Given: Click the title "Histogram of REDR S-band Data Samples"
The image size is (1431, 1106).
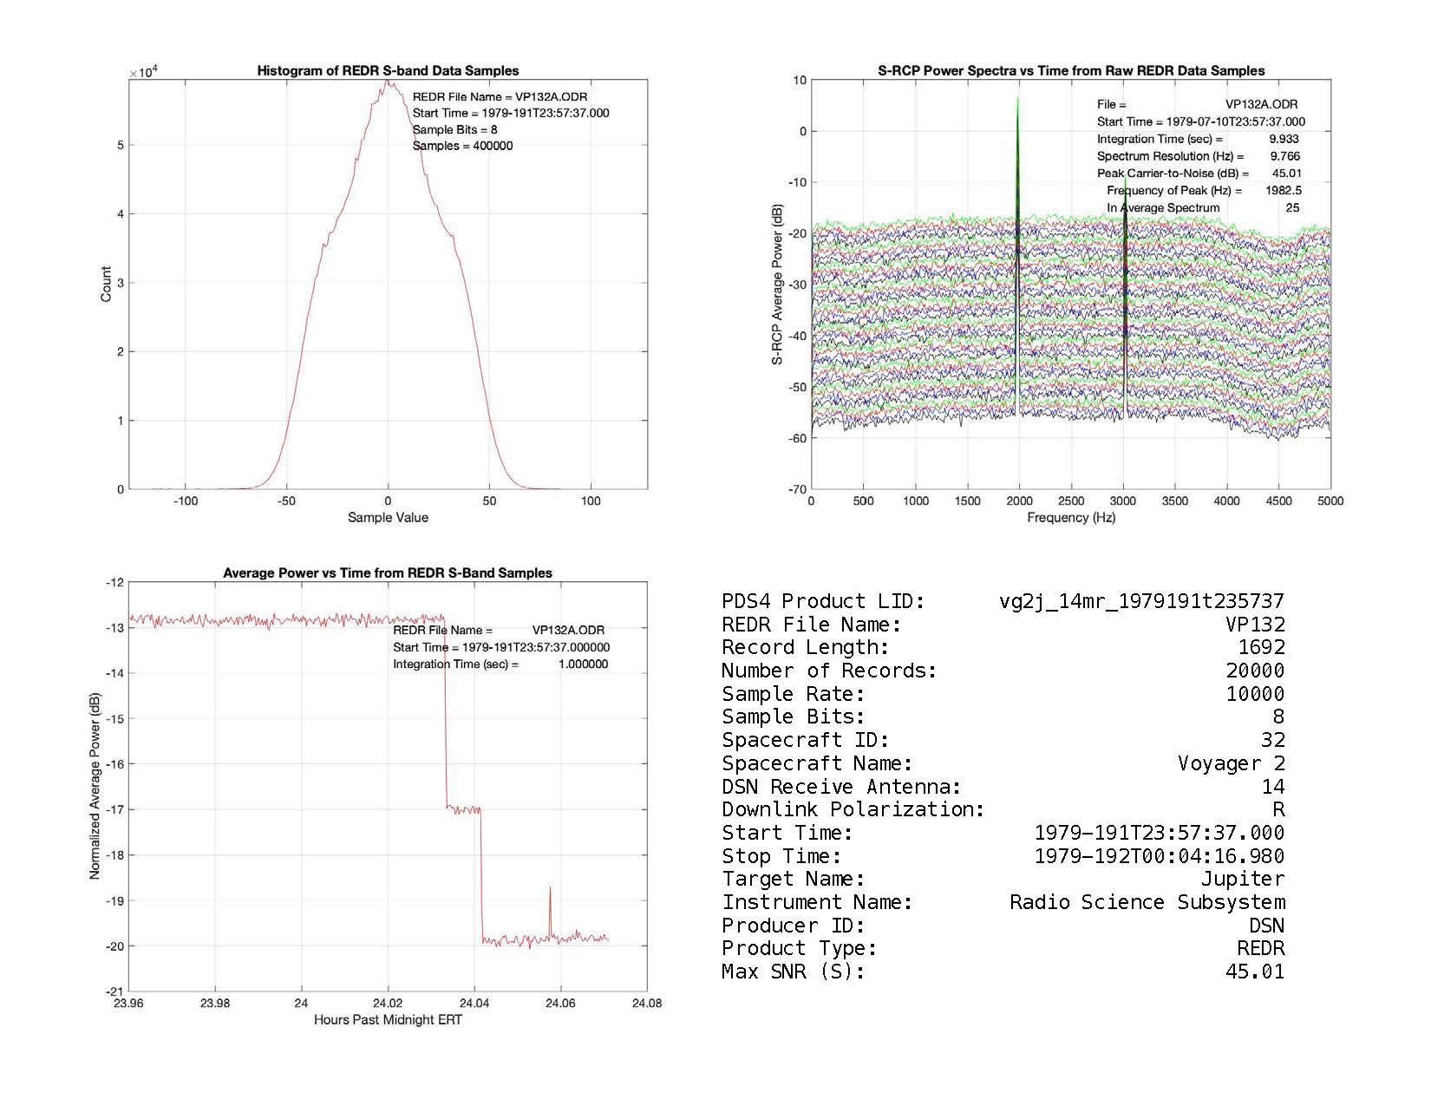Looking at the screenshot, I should pyautogui.click(x=388, y=70).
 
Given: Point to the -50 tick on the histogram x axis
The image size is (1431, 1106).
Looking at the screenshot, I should pyautogui.click(x=287, y=501).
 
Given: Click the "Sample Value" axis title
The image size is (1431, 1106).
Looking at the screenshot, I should pyautogui.click(x=388, y=518).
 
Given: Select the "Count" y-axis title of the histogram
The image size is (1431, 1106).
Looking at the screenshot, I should pyautogui.click(x=106, y=284).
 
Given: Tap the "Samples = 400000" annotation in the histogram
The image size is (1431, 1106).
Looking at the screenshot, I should pyautogui.click(x=462, y=146).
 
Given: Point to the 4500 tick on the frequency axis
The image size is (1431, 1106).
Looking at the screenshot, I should pyautogui.click(x=1278, y=501).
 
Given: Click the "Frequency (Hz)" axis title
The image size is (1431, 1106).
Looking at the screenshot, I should pyautogui.click(x=1071, y=518).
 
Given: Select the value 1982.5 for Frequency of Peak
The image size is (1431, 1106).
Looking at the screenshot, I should pyautogui.click(x=1283, y=191).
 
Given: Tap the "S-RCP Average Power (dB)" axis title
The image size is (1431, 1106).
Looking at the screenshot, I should pyautogui.click(x=777, y=284).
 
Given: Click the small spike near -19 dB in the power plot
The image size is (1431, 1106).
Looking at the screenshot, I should pyautogui.click(x=550, y=888).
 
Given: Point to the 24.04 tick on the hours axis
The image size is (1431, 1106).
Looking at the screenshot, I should pyautogui.click(x=474, y=1003).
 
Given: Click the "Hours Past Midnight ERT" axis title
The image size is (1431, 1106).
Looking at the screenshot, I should pyautogui.click(x=388, y=1019).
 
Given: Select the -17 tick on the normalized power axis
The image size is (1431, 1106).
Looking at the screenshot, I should pyautogui.click(x=114, y=809).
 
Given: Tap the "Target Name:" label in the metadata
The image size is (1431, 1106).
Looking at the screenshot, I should pyautogui.click(x=794, y=879).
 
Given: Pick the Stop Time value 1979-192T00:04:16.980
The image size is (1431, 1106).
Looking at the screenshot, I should pyautogui.click(x=1160, y=856).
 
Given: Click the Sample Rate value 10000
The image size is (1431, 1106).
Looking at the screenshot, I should pyautogui.click(x=1255, y=694).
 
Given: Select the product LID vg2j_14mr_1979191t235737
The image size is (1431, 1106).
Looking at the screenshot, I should pyautogui.click(x=1141, y=601).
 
